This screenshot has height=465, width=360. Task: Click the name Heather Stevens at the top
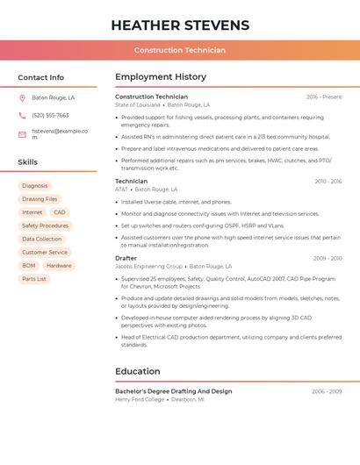click(x=179, y=25)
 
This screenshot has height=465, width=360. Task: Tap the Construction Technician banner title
click(x=179, y=50)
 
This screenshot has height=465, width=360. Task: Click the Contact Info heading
click(x=40, y=77)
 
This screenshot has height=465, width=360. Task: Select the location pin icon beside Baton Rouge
click(x=22, y=97)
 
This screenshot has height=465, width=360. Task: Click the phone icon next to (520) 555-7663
click(x=22, y=115)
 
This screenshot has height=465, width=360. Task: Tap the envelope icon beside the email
click(x=22, y=134)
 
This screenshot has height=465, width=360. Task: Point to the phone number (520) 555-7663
click(x=50, y=115)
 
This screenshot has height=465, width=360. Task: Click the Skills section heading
click(x=27, y=162)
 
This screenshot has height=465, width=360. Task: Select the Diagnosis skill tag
click(x=35, y=186)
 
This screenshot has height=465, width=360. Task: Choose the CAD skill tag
click(x=59, y=212)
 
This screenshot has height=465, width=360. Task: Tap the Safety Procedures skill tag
click(x=45, y=225)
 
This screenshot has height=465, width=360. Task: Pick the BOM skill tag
click(x=29, y=266)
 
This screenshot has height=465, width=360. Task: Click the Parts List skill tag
click(x=34, y=279)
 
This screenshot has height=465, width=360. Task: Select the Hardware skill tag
click(x=59, y=266)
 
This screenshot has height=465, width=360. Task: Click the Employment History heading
click(x=160, y=77)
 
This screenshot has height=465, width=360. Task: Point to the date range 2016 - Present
click(x=324, y=97)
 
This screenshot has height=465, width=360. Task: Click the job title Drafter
click(x=126, y=258)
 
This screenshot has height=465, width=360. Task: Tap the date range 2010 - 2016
click(x=328, y=182)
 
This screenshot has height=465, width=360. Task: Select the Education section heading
click(x=137, y=371)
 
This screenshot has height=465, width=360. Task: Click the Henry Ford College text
click(x=140, y=399)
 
